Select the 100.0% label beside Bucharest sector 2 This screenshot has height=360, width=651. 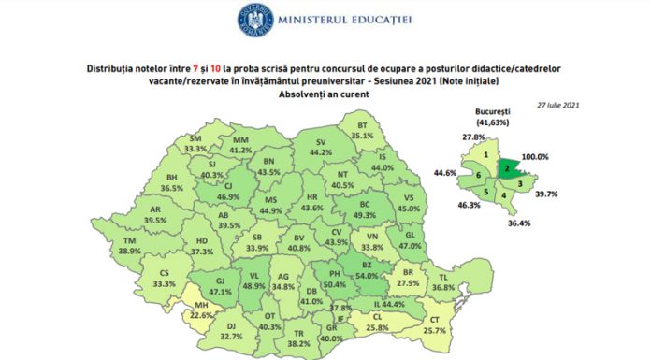click(559, 157)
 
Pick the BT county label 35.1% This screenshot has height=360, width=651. click(360, 128)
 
